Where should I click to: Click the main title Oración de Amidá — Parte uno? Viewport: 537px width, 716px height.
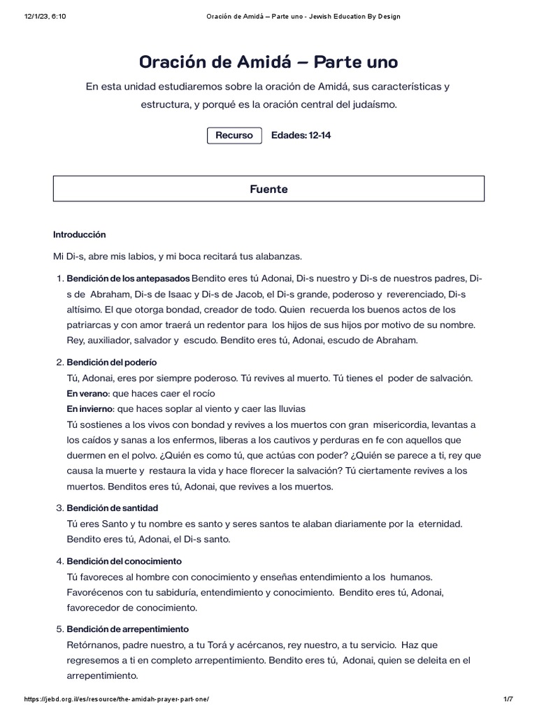pos(268,62)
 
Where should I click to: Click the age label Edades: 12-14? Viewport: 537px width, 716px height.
pos(301,136)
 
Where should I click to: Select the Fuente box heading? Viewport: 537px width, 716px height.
pos(268,189)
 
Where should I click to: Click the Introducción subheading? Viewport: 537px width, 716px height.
pos(79,235)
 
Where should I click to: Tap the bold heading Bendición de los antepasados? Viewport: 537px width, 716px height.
pos(128,278)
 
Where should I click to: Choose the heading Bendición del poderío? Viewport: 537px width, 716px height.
pos(111,362)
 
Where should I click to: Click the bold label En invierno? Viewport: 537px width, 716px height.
pos(90,408)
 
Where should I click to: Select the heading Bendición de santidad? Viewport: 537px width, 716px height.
pos(112,508)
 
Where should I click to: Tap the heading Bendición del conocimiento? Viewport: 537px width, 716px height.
pos(124,561)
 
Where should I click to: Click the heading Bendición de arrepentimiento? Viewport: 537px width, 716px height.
pos(127,629)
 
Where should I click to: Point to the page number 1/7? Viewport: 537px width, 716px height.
pos(508,699)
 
